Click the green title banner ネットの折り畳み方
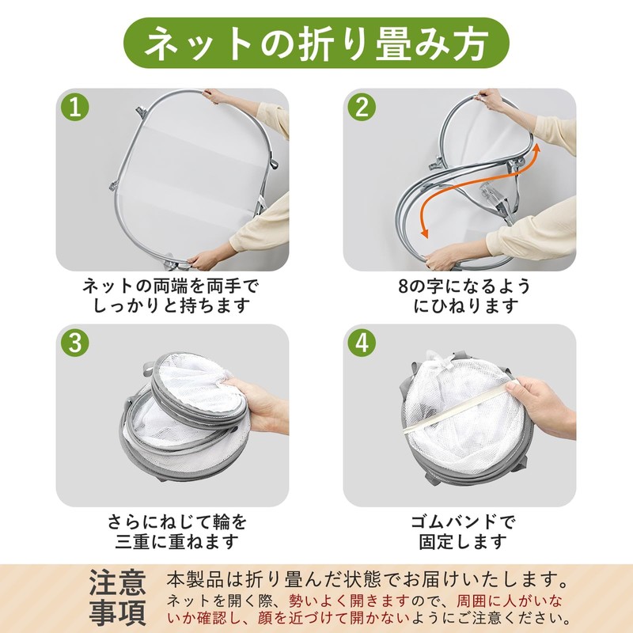(x=316, y=43)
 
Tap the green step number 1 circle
(x=75, y=108)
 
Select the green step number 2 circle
(x=362, y=108)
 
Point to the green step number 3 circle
(x=75, y=343)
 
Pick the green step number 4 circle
(x=362, y=343)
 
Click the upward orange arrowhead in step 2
(x=536, y=149)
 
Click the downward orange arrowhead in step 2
(x=424, y=233)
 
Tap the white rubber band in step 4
(x=457, y=407)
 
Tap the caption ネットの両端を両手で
(x=171, y=286)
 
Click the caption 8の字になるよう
(x=464, y=286)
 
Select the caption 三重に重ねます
(x=176, y=541)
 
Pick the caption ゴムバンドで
(x=463, y=522)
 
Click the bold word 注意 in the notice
(x=117, y=582)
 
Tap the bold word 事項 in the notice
(x=117, y=612)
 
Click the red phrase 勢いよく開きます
(x=349, y=601)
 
